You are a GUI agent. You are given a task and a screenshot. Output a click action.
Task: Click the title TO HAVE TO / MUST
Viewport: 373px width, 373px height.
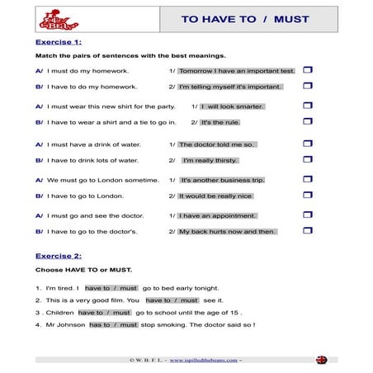(234, 19)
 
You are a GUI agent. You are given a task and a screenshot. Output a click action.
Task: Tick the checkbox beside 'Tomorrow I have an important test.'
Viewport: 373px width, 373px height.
(308, 70)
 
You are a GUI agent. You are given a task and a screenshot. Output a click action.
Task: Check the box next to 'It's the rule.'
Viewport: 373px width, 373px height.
(308, 122)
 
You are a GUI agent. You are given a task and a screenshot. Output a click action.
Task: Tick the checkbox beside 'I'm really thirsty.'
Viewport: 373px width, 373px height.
(308, 159)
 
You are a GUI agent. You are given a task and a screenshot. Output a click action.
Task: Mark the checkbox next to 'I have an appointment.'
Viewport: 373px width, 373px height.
(308, 215)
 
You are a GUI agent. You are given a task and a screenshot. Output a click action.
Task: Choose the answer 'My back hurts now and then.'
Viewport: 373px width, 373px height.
(227, 231)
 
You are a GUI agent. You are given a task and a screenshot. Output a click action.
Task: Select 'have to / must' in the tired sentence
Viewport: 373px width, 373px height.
(111, 288)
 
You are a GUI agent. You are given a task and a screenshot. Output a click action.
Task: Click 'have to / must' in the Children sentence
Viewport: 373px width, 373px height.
(105, 313)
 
